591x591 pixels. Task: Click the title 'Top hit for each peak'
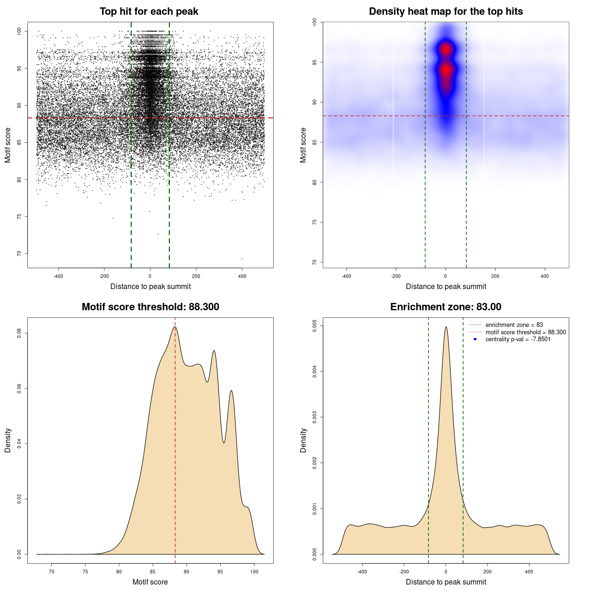[149, 12]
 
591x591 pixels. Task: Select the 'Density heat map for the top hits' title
[446, 12]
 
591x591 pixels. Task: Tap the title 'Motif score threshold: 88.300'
[150, 307]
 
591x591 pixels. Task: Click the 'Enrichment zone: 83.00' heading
[446, 307]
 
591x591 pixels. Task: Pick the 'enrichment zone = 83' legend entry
[514, 325]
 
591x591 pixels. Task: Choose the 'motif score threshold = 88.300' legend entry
[525, 332]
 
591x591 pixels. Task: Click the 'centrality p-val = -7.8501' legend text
[518, 339]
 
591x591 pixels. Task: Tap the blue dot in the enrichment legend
[475, 339]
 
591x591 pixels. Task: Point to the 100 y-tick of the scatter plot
[19, 31]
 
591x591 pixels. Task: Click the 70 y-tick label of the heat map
[315, 262]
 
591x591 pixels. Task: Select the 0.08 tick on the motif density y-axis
[19, 333]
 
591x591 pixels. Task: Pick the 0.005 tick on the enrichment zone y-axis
[315, 326]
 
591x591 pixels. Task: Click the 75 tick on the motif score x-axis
[85, 572]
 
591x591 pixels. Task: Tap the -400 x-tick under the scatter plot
[58, 276]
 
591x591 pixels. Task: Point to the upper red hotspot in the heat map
[446, 49]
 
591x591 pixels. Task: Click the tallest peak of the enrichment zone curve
[446, 327]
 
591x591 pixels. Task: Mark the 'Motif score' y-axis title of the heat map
[303, 145]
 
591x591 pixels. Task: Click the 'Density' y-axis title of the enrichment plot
[303, 440]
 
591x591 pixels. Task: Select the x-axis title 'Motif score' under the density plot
[150, 582]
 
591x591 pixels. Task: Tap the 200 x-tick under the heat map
[495, 276]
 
